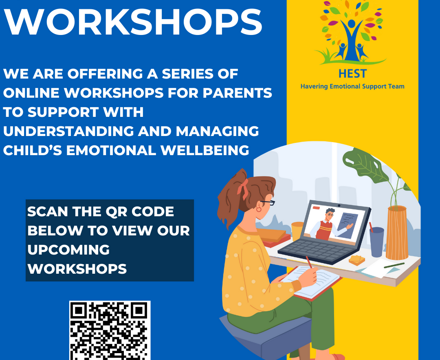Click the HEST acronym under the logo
coord(350,74)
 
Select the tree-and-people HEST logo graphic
coord(350,35)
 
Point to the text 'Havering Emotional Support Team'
coord(350,87)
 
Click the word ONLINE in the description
coord(37,94)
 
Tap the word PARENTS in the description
coord(237,94)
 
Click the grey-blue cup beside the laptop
coord(376,240)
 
